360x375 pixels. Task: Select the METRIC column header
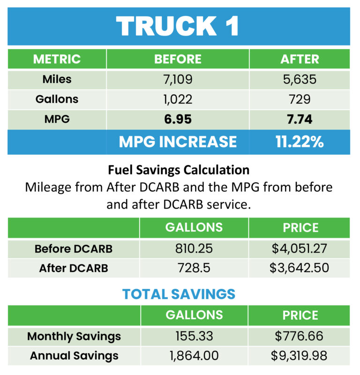(57, 60)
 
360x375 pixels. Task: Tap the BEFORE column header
(178, 60)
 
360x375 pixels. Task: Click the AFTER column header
(300, 60)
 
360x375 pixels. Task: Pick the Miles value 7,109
(178, 79)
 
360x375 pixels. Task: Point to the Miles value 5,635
(300, 79)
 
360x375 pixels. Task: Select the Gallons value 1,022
(178, 99)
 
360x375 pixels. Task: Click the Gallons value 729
(300, 99)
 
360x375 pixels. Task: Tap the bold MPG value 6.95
(178, 119)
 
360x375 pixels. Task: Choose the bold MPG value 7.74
(300, 119)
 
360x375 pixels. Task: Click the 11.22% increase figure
(300, 142)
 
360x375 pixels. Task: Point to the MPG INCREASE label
(178, 142)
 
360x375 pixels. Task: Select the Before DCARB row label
(74, 248)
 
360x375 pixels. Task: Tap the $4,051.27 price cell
(299, 248)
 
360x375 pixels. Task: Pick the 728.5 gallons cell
(194, 268)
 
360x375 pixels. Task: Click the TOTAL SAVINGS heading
(179, 294)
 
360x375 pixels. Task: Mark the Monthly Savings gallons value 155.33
(194, 336)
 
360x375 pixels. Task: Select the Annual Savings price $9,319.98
(299, 356)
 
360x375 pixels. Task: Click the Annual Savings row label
(74, 356)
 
